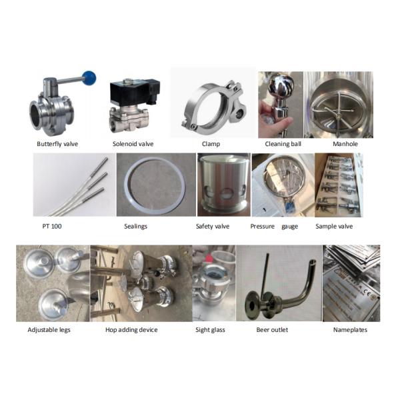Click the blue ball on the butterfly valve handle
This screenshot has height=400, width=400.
point(89,78)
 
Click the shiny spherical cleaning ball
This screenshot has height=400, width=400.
point(279,86)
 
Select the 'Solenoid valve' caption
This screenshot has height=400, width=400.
point(132,144)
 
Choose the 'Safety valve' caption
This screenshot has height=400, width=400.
point(213,227)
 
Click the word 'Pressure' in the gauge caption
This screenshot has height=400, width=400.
point(263,227)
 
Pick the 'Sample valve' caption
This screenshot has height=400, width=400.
point(334,227)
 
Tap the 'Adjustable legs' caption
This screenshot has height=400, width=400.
point(49,329)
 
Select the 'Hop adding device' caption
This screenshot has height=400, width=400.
point(130,329)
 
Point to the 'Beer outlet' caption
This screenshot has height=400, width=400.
point(273,329)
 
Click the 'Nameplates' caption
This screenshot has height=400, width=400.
point(350,329)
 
